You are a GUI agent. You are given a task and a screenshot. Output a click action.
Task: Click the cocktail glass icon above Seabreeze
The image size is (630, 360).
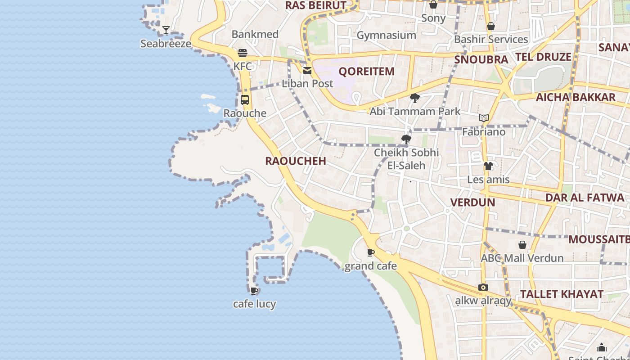pyautogui.click(x=166, y=30)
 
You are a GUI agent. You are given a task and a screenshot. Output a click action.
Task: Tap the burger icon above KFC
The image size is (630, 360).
pyautogui.click(x=243, y=53)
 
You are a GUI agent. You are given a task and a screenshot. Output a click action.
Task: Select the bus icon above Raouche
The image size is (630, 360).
pyautogui.click(x=245, y=100)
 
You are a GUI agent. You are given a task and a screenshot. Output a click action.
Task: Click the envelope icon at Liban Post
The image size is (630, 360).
pyautogui.click(x=307, y=70)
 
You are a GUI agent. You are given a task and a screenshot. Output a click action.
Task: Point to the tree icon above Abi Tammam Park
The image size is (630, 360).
pyautogui.click(x=414, y=98)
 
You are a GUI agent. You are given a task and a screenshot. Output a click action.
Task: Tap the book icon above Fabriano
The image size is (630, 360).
pyautogui.click(x=484, y=118)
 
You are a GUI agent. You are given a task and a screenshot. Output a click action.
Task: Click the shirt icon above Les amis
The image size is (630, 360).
pyautogui.click(x=488, y=166)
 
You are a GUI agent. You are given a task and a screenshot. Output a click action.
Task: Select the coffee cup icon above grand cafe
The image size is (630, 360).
pyautogui.click(x=370, y=252)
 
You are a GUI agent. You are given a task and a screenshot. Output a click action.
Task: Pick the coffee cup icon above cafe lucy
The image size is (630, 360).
pyautogui.click(x=254, y=291)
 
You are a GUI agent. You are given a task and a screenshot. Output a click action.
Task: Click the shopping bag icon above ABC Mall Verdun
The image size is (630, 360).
pyautogui.click(x=522, y=245)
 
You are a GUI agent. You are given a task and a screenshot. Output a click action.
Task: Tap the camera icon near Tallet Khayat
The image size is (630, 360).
pyautogui.click(x=483, y=287)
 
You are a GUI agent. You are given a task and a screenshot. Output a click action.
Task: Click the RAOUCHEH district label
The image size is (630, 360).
pyautogui.click(x=296, y=161)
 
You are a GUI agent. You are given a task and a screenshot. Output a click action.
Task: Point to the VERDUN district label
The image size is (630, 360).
pyautogui.click(x=472, y=202)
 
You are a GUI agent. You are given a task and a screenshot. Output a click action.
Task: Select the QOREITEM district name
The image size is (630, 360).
pyautogui.click(x=366, y=71)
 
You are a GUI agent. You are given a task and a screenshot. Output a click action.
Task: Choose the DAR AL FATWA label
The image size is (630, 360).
pyautogui.click(x=585, y=198)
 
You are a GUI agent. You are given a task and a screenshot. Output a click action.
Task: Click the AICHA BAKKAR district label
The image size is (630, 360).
pyautogui.click(x=576, y=97)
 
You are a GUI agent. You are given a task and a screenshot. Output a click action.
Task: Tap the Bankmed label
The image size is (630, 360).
pyautogui.click(x=255, y=34)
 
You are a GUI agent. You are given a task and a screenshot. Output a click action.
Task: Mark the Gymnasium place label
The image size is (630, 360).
pyautogui.click(x=386, y=35)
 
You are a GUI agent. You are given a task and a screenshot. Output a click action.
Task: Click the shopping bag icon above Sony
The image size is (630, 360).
pyautogui.click(x=433, y=5)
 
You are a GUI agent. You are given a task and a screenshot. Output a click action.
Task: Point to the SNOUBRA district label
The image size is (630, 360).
pyautogui.click(x=481, y=59)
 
